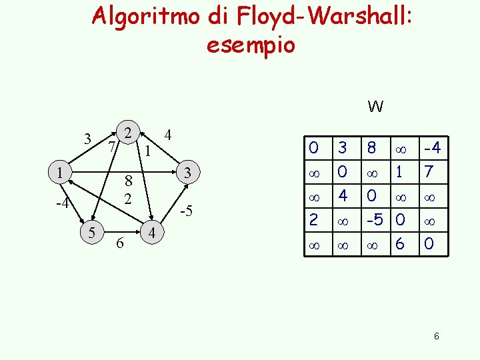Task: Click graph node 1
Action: click(x=60, y=173)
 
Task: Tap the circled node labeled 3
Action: click(x=189, y=173)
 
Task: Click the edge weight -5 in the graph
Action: click(x=187, y=212)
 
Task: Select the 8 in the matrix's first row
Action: click(x=371, y=146)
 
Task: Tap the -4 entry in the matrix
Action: click(x=431, y=146)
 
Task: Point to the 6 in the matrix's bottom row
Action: click(x=400, y=244)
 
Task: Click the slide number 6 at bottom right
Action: click(x=436, y=337)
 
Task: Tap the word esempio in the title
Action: click(x=251, y=45)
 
